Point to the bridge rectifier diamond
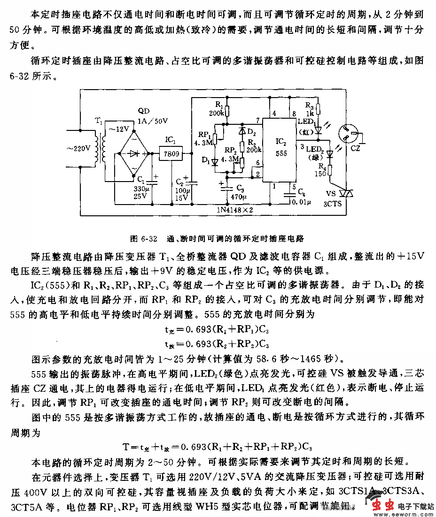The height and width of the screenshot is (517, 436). pyautogui.click(x=134, y=153)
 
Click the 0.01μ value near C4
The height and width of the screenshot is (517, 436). pyautogui.click(x=301, y=202)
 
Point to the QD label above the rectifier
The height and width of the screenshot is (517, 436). pyautogui.click(x=144, y=111)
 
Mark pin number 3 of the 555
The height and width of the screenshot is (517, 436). pyautogui.click(x=302, y=147)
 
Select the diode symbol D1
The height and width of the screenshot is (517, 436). pyautogui.click(x=215, y=162)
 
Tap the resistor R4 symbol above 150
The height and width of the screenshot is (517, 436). pyautogui.click(x=330, y=170)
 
